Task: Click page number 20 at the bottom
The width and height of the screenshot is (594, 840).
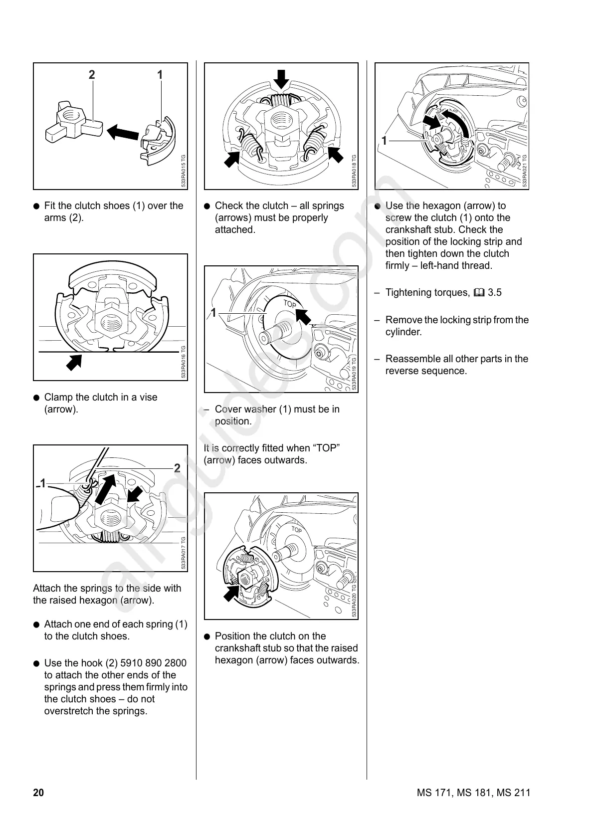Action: tap(38, 793)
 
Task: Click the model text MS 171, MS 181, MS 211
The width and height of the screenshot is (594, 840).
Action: tap(473, 793)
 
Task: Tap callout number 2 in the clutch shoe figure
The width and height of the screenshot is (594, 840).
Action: tap(92, 75)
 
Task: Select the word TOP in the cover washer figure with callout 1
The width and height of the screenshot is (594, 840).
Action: tap(290, 304)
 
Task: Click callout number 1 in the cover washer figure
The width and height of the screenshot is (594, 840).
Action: tap(213, 313)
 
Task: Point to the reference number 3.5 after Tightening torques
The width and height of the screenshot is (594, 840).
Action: tap(495, 293)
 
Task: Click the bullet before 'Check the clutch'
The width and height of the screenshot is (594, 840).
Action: tap(207, 206)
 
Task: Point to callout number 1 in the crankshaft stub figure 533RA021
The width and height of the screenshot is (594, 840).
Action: tap(384, 141)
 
